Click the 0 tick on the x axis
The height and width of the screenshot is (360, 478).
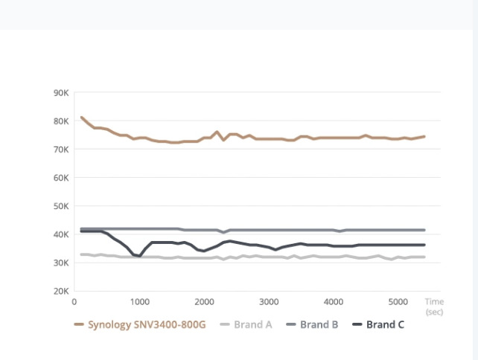coord(74,302)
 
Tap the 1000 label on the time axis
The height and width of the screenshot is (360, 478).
coord(139,302)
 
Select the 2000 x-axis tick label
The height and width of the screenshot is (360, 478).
coord(204,302)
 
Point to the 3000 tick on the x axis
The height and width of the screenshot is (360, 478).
coord(269,302)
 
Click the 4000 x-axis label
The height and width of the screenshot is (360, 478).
coord(334,302)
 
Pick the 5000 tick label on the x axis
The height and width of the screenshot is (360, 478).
coord(399,302)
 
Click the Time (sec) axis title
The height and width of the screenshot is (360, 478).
coord(434,306)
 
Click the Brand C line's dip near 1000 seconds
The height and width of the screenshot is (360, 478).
coord(139,256)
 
